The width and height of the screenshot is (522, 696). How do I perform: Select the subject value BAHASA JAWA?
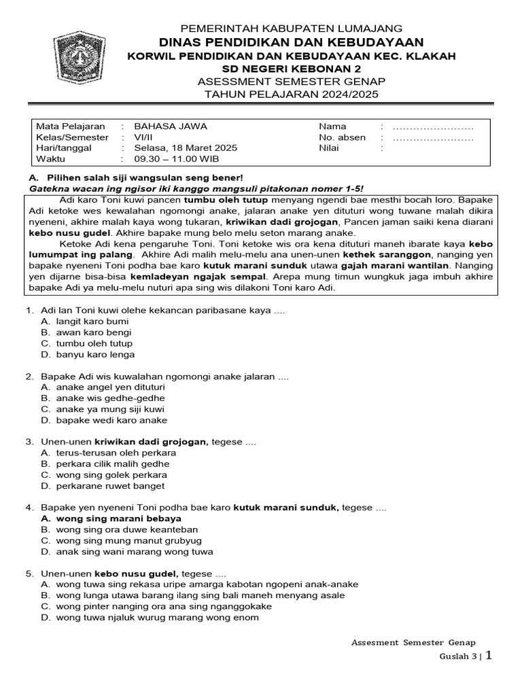(171, 126)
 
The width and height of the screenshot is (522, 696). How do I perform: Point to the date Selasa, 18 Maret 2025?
(186, 148)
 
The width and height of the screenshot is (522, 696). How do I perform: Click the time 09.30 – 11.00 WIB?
(176, 159)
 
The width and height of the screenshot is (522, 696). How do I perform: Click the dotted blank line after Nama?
(433, 127)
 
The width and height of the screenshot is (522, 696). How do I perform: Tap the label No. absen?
(342, 137)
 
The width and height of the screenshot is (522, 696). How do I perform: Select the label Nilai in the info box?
(330, 148)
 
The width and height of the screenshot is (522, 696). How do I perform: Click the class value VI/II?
(144, 137)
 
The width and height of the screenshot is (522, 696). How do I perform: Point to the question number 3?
(30, 442)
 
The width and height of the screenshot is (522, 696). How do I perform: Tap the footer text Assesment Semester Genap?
(413, 642)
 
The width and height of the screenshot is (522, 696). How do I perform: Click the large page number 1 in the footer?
(488, 655)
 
